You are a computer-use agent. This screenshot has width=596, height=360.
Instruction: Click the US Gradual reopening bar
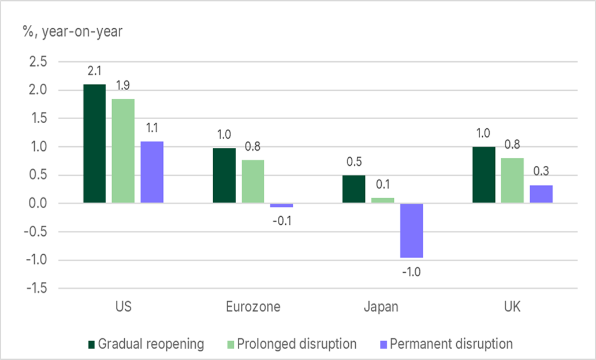click(x=94, y=143)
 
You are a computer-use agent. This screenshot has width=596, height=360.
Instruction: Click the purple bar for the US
click(x=152, y=172)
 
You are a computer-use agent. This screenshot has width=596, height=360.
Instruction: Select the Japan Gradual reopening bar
click(x=353, y=189)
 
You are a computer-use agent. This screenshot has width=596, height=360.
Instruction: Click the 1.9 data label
click(x=122, y=86)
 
